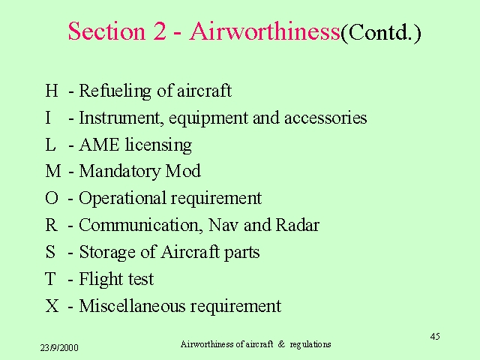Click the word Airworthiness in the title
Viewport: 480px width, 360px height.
[x=265, y=31]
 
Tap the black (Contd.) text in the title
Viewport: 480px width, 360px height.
[x=381, y=33]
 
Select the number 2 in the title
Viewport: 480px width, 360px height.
[x=160, y=31]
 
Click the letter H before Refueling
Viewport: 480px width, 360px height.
[x=52, y=90]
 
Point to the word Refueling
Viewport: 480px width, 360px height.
[x=115, y=91]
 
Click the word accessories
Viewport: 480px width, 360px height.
[x=325, y=118]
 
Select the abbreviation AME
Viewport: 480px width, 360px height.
[x=99, y=145]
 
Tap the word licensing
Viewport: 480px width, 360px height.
[x=158, y=145]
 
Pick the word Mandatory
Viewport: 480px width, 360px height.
[x=120, y=172]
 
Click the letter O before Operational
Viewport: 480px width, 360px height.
[x=52, y=198]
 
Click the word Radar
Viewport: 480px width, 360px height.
[x=298, y=225]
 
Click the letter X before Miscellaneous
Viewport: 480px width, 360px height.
[x=52, y=306]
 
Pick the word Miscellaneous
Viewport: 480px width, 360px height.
[x=132, y=306]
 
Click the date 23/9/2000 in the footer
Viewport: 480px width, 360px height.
[x=59, y=348]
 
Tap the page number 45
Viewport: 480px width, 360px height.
[x=435, y=337]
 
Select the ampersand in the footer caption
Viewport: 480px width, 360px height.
[x=281, y=344]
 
